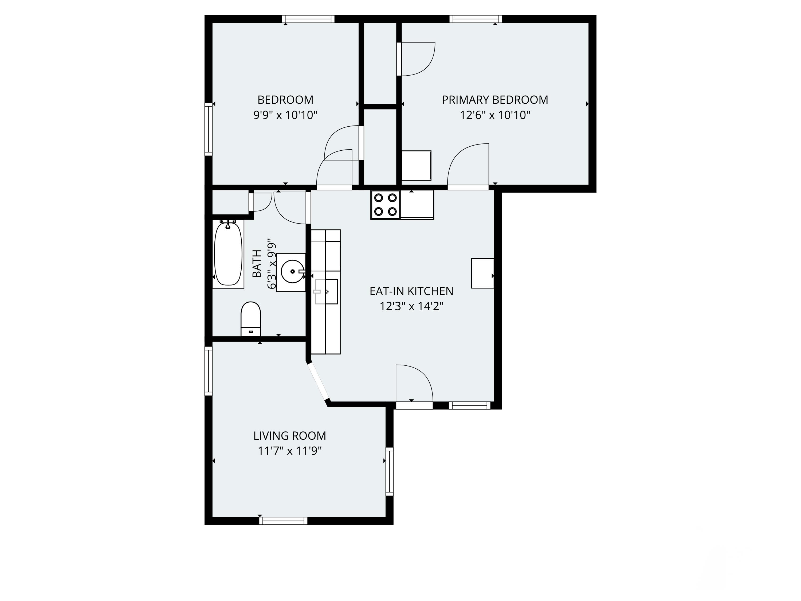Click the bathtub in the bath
coord(228,254)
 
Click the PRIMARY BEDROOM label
coord(495,100)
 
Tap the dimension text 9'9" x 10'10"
coord(285,115)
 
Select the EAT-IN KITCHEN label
coord(411,291)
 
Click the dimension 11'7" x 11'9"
coord(290,451)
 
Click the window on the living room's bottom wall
coord(284,521)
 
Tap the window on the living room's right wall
coord(389,471)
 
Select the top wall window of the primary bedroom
coord(476,19)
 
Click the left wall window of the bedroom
coord(208,129)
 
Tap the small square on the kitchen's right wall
coord(482,273)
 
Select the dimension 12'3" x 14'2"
coord(411,306)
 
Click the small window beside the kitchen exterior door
coord(469,405)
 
